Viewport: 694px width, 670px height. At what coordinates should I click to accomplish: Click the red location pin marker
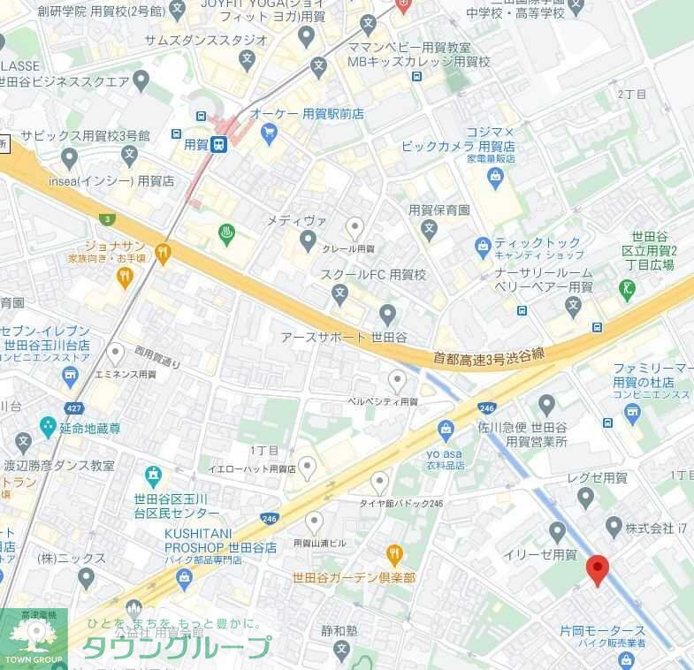point(598,570)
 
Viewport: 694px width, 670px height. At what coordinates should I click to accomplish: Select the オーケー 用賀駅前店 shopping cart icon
point(269,133)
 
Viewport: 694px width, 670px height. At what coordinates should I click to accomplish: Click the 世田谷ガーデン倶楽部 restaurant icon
point(394,555)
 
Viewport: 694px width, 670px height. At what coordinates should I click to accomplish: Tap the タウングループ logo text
point(177,648)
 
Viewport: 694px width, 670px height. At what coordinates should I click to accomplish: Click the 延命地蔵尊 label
point(90,428)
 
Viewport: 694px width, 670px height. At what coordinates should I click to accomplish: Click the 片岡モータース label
point(603,631)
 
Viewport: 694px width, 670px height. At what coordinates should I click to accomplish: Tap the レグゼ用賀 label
point(597,477)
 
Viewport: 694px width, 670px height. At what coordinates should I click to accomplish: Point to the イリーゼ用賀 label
point(539,554)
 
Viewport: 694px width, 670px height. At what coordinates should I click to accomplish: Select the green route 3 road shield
point(107,218)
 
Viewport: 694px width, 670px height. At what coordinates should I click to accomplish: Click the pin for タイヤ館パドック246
point(379,483)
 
